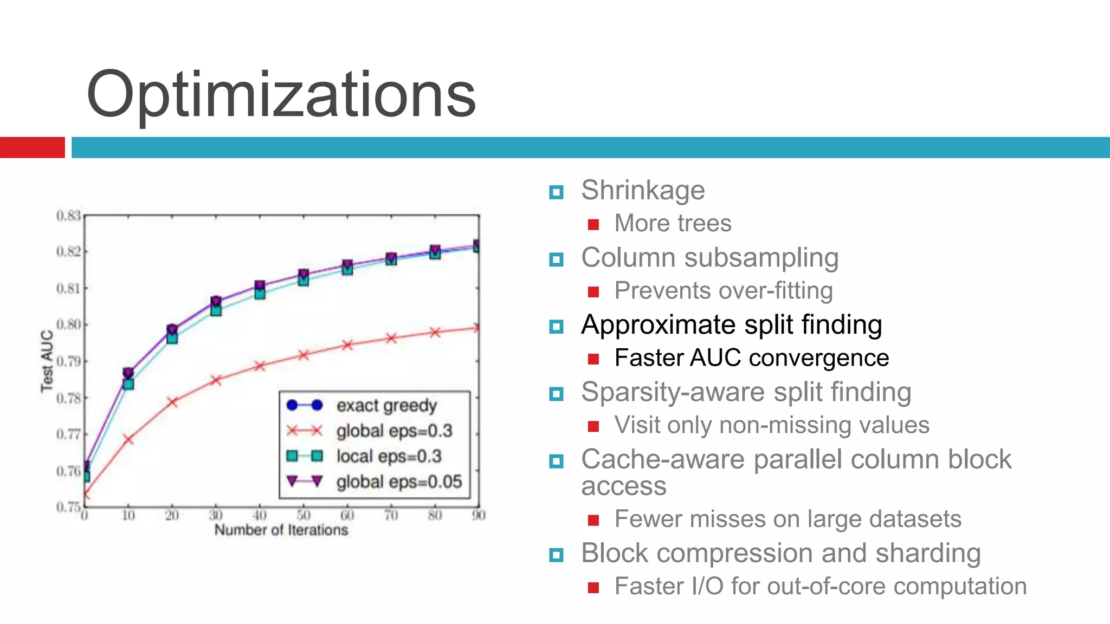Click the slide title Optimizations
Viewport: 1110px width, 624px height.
click(x=281, y=95)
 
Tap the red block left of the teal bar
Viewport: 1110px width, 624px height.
click(x=32, y=147)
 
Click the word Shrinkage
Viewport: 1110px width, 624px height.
click(x=643, y=190)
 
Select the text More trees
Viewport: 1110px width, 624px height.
click(x=673, y=223)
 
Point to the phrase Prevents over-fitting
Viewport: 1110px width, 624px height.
click(x=724, y=291)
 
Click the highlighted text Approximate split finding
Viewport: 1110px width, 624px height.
click(x=731, y=325)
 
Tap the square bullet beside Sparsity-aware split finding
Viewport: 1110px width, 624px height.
click(x=556, y=394)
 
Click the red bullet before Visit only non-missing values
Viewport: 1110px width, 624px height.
click(x=593, y=427)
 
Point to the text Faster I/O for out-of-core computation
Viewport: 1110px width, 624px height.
click(x=820, y=587)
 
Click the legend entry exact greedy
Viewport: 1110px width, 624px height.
click(x=386, y=405)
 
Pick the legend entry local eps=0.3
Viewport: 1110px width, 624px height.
click(x=389, y=456)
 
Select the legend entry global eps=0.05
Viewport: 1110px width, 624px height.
click(x=399, y=482)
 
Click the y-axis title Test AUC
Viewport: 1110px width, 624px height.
click(x=47, y=361)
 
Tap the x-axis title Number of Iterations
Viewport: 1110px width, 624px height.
click(x=281, y=530)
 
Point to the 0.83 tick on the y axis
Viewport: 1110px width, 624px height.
click(x=68, y=216)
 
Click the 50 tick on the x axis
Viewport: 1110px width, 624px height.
click(x=304, y=515)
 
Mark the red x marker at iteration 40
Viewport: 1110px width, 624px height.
click(x=260, y=366)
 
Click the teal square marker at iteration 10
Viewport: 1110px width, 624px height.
click(x=128, y=384)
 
